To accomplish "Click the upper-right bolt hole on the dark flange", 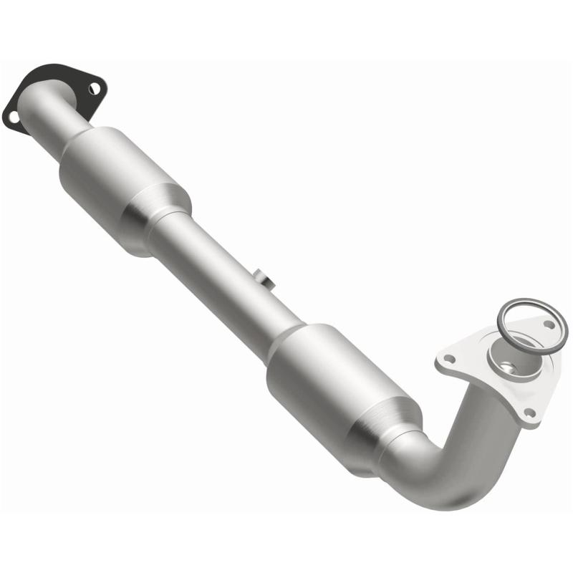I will coord(93,88).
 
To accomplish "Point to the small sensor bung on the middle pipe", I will coord(262,278).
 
